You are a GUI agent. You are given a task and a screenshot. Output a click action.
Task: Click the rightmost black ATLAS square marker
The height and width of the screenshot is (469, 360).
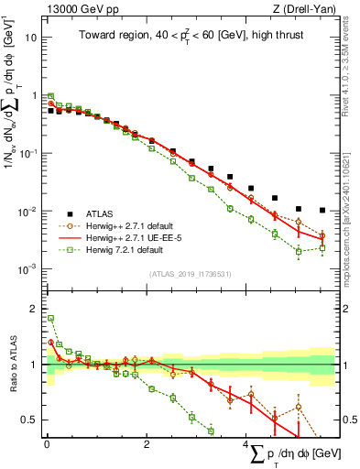tap(321, 210)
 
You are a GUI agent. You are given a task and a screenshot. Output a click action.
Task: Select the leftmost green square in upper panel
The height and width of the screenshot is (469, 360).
tap(50, 95)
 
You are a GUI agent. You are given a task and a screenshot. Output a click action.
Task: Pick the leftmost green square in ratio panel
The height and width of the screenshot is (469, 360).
tap(50, 318)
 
